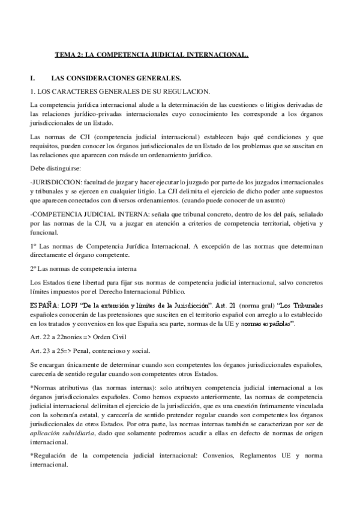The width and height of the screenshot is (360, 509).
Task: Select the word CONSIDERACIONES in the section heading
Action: tap(100, 78)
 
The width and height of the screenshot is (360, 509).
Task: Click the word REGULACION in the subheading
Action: tap(189, 91)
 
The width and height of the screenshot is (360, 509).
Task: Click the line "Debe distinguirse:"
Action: tap(52, 169)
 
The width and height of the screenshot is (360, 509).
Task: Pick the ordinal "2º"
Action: tap(33, 267)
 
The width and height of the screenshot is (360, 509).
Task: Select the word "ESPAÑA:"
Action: tap(44, 306)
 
